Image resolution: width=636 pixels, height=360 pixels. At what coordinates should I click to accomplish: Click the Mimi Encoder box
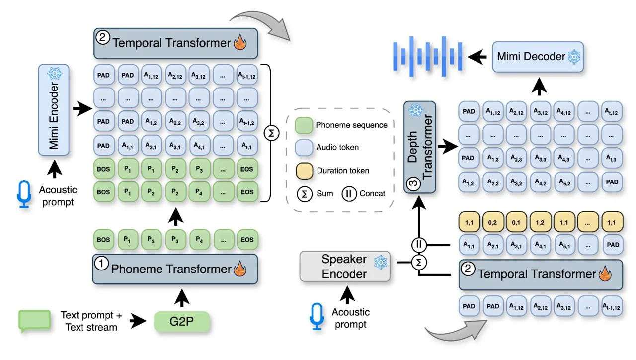(54, 110)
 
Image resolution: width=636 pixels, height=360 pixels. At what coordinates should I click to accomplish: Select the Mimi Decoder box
(538, 57)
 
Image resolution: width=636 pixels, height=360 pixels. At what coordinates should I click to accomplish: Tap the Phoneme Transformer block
(175, 269)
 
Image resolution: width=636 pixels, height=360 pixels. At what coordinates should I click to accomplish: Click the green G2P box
(182, 321)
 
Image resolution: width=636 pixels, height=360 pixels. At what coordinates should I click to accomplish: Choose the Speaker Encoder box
(345, 266)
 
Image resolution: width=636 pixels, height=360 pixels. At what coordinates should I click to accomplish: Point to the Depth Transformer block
(420, 147)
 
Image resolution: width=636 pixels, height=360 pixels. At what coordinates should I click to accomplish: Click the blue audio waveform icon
(427, 56)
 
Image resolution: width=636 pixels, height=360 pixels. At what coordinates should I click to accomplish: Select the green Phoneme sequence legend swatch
(304, 125)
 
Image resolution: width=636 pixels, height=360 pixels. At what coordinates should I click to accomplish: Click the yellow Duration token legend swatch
(304, 171)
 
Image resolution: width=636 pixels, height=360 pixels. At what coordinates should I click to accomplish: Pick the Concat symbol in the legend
(349, 194)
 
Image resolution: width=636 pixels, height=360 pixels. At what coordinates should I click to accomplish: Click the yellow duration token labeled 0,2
(492, 222)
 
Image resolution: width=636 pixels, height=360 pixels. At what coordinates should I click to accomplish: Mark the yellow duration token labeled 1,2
(540, 222)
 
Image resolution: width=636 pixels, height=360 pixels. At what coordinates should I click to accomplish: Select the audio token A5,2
(564, 182)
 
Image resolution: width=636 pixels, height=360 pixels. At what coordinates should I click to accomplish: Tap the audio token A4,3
(564, 158)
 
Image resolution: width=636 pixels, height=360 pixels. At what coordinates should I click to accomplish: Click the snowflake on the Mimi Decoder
(574, 57)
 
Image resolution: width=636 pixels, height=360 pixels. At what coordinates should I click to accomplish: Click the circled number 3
(413, 184)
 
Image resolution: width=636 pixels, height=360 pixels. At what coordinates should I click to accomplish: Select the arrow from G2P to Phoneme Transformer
(182, 298)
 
